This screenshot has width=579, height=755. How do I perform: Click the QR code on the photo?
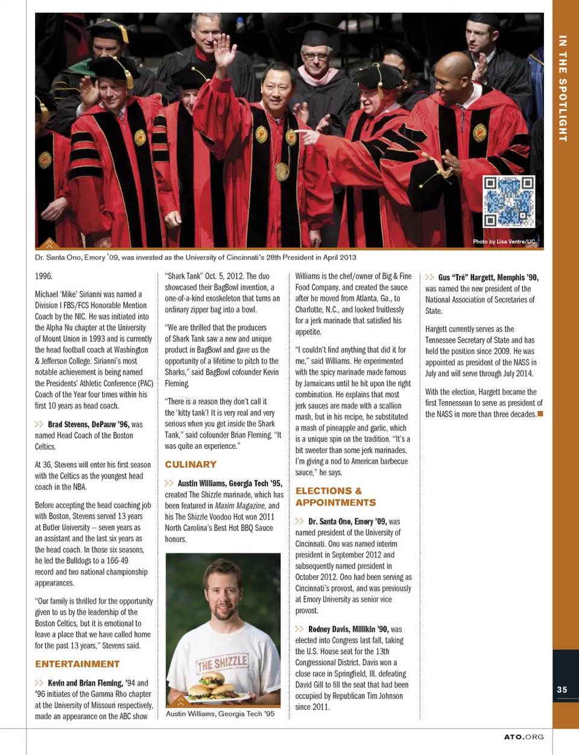pos(508,201)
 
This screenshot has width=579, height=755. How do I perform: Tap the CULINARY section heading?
pos(191,465)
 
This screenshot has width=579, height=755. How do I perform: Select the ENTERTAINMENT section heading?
pos(77,664)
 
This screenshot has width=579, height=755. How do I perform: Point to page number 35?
pos(562,690)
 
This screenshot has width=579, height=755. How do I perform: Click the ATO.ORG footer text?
pos(524,737)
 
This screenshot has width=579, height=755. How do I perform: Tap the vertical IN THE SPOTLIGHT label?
pos(563,88)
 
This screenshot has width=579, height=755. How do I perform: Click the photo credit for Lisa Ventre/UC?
pos(504,241)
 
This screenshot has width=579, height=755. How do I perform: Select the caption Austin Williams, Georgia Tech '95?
pos(220,714)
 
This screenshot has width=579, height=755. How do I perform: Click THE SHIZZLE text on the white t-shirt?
pos(222,664)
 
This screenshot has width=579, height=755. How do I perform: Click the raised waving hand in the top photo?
pos(224,53)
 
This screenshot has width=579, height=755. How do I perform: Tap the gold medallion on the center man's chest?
pos(282,171)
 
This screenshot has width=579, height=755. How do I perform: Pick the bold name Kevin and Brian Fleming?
pos(85,683)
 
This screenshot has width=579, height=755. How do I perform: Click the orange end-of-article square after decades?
pos(540,413)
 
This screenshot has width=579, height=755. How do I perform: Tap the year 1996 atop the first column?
pos(43,276)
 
